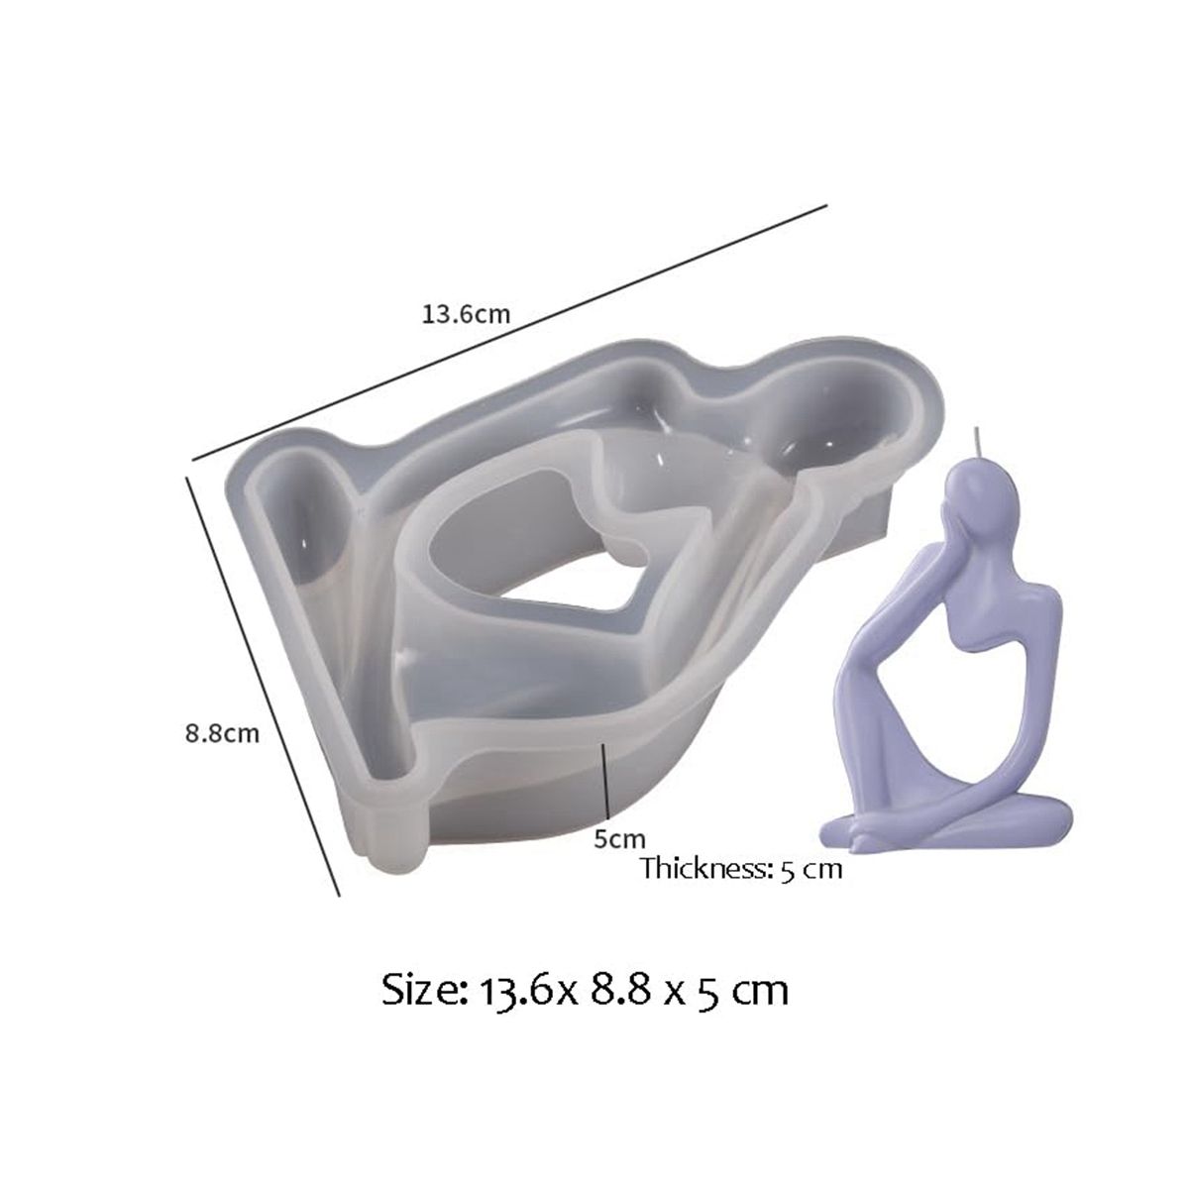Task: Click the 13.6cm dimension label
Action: click(466, 315)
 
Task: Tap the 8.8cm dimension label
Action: click(223, 734)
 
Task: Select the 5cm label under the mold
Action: click(619, 838)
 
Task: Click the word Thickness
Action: click(705, 868)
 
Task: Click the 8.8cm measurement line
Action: click(264, 675)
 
